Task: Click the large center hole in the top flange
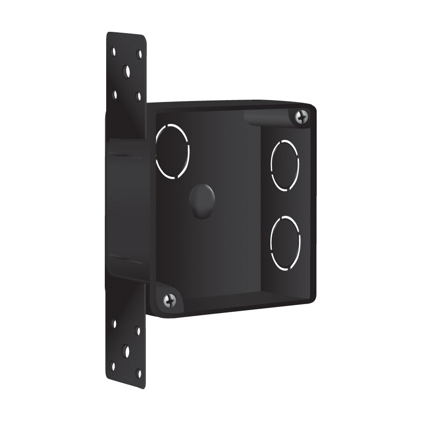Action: coord(127,72)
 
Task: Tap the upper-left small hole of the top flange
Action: coord(113,51)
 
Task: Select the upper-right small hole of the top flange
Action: coord(139,54)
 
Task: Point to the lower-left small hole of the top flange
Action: coord(115,93)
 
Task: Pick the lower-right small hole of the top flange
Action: coord(138,97)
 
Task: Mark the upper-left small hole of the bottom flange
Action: coord(114,323)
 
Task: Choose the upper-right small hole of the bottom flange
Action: coord(138,331)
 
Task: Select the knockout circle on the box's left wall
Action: coord(172,151)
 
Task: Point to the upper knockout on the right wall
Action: coord(284,165)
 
